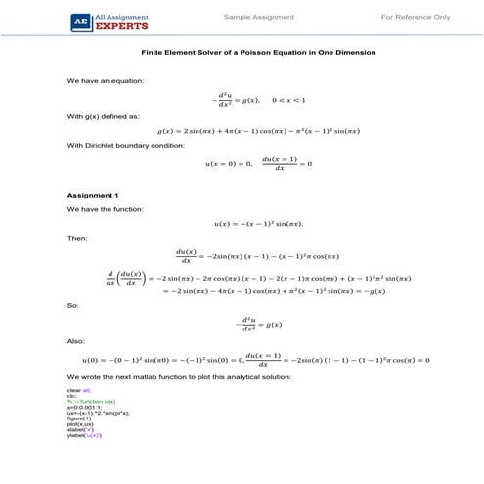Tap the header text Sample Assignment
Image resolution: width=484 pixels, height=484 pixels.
255,18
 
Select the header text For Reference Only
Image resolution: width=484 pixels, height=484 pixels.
416,18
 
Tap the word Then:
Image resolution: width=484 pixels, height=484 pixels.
77,238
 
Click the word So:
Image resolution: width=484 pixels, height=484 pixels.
73,305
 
